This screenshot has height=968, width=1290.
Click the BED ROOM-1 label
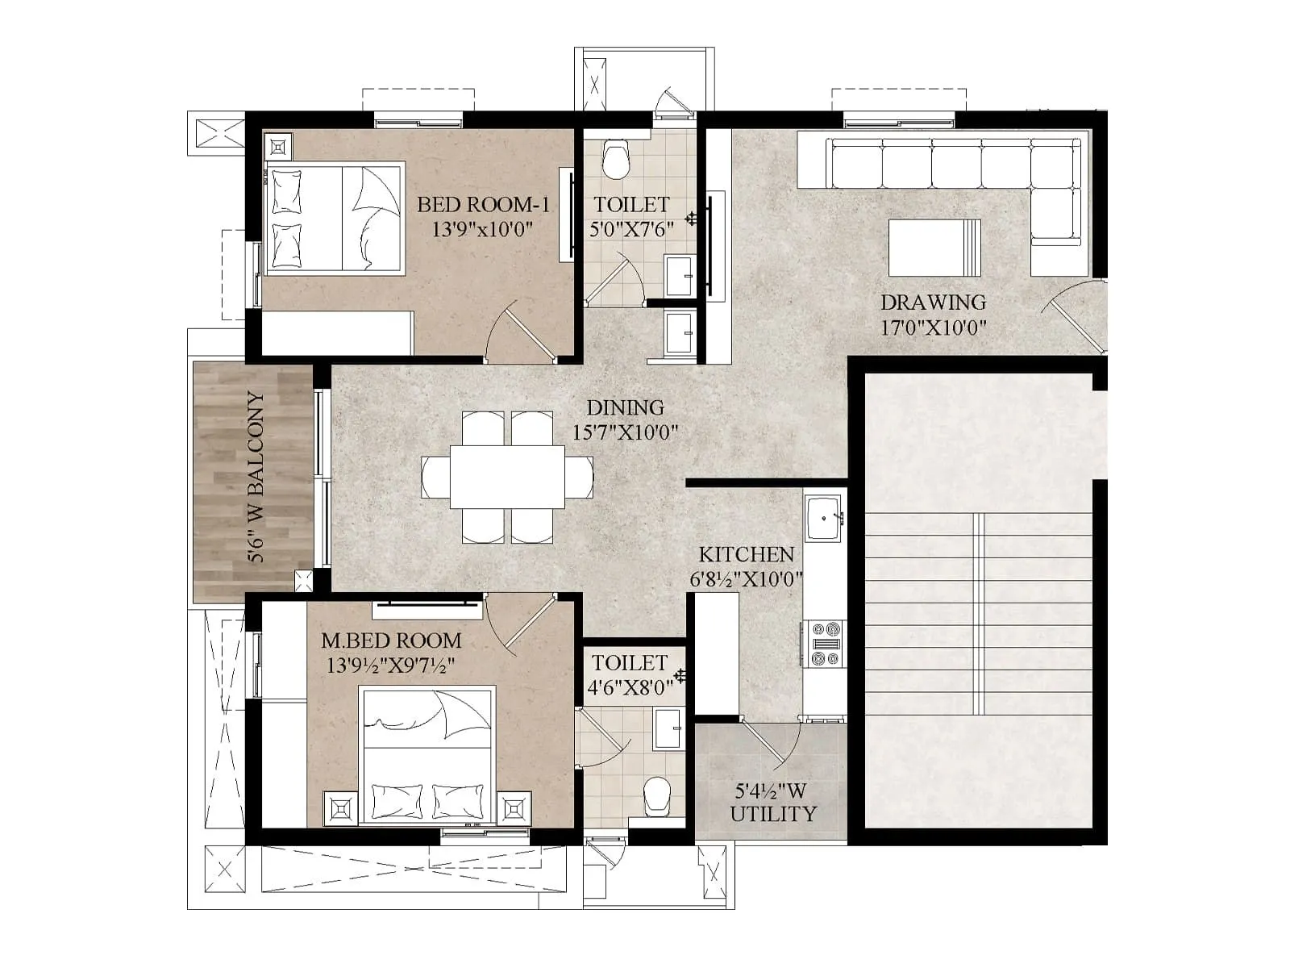coord(483,205)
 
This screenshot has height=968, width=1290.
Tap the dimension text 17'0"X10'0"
coord(934,328)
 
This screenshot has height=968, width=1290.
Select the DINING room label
coord(625,407)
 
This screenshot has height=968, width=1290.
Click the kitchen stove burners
coord(824,644)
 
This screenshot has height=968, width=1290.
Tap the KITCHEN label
coord(746,554)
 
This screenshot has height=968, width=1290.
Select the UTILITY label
coord(773,814)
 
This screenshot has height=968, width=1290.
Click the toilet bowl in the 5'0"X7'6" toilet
coord(616,160)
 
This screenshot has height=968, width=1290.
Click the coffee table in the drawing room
coord(935,244)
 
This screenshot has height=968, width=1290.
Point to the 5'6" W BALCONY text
coord(256,478)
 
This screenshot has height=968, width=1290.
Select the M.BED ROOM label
coord(391,640)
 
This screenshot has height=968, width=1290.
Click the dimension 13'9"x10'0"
coord(483,230)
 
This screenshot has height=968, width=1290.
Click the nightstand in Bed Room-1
coord(278,147)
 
